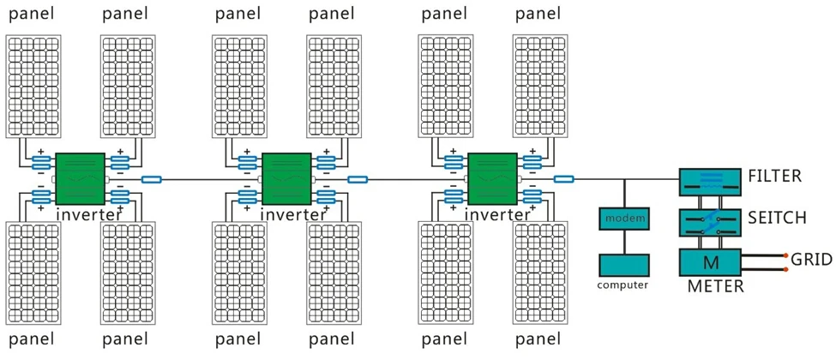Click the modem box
pos(624,219)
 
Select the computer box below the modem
pos(624,265)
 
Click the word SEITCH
pos(777,219)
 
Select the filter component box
pos(708,181)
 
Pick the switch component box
pos(708,222)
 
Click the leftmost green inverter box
pos(80,178)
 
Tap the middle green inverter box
pos(286,178)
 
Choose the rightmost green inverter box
pos(493,178)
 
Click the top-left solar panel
pos(33,85)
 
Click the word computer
pos(623,285)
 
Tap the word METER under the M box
pos(715,286)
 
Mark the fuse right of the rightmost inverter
pos(563,179)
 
